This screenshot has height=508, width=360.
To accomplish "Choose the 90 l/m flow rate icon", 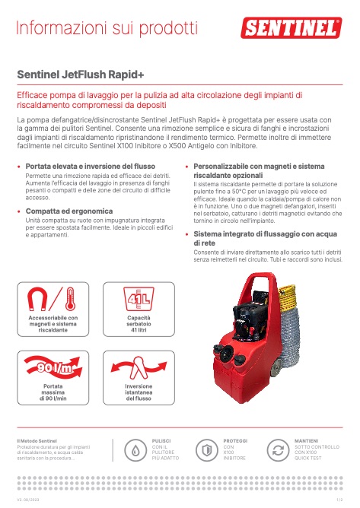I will [x=53, y=370].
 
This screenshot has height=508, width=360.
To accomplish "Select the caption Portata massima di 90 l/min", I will [x=53, y=392].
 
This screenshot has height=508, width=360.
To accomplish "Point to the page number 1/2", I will [x=339, y=499].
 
